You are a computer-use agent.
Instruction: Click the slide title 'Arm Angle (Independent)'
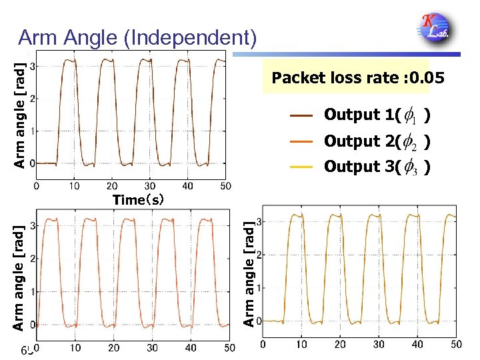(137, 38)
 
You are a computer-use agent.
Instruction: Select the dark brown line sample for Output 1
(302, 115)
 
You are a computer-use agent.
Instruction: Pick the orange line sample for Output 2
(302, 141)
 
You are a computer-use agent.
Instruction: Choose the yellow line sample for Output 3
(302, 167)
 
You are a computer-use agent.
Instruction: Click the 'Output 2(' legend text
(361, 141)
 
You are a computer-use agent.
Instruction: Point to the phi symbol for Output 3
(411, 167)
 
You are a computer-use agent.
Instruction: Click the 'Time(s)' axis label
(138, 199)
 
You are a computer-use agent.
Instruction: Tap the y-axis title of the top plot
(21, 115)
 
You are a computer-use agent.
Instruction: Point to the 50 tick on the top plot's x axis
(225, 185)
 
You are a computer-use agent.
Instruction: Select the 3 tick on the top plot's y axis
(32, 66)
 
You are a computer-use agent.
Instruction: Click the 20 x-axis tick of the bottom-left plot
(114, 347)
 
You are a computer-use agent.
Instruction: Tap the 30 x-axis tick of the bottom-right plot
(379, 344)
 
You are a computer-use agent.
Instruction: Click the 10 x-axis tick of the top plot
(74, 185)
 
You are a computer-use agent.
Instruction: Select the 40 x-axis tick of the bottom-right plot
(417, 344)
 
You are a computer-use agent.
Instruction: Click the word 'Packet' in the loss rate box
(298, 79)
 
